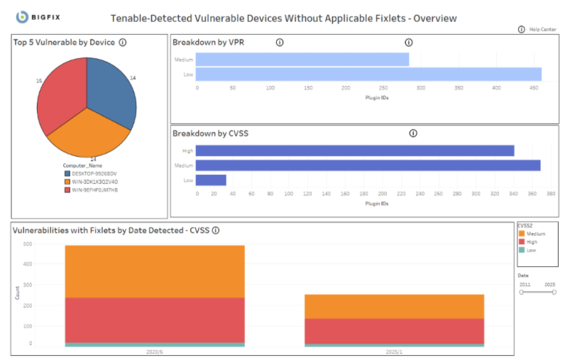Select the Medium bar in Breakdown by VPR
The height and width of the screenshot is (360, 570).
pyautogui.click(x=302, y=60)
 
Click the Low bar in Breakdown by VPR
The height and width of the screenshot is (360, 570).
pyautogui.click(x=368, y=75)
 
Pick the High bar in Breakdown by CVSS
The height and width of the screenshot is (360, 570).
pyautogui.click(x=355, y=151)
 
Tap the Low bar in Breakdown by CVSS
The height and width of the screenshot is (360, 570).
pyautogui.click(x=211, y=180)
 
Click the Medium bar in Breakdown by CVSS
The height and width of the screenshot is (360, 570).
pyautogui.click(x=368, y=165)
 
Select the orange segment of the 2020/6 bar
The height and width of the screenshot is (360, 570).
pyautogui.click(x=155, y=271)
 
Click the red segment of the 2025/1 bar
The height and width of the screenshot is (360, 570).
pyautogui.click(x=394, y=331)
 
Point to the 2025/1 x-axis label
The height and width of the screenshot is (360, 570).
pyautogui.click(x=394, y=352)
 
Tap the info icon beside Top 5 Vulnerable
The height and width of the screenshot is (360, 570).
pyautogui.click(x=123, y=43)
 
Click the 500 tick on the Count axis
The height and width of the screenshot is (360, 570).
pyautogui.click(x=28, y=244)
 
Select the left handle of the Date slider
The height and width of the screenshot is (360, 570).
pyautogui.click(x=522, y=292)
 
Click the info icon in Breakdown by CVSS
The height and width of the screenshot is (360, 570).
pyautogui.click(x=413, y=133)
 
